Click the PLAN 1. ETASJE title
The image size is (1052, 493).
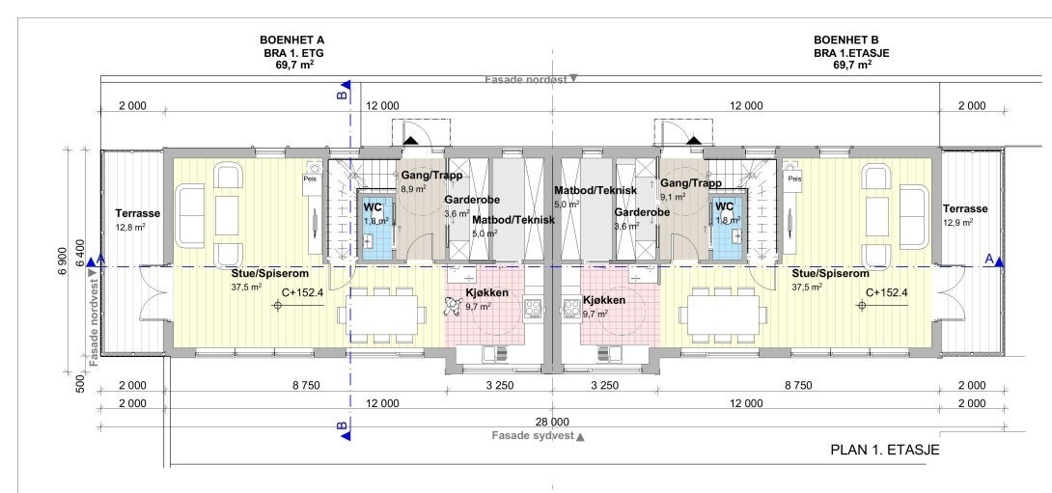[x=884, y=450]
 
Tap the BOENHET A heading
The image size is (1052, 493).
[x=291, y=39]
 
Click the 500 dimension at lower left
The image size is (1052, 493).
[x=81, y=384]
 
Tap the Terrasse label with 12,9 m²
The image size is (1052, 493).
[x=964, y=208]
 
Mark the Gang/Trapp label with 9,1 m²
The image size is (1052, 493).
[x=690, y=182]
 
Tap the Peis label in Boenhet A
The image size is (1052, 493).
[x=310, y=178]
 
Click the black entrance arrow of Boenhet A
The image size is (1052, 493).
[x=410, y=141]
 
